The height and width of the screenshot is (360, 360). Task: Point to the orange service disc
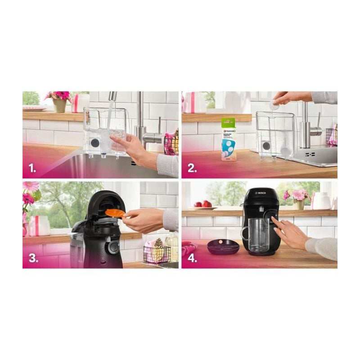pyautogui.click(x=115, y=213)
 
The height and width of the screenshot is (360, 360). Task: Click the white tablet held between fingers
pyautogui.click(x=274, y=104)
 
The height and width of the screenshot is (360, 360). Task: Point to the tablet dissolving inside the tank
pyautogui.click(x=285, y=149)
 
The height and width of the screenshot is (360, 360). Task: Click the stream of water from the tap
pyautogui.click(x=109, y=117)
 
